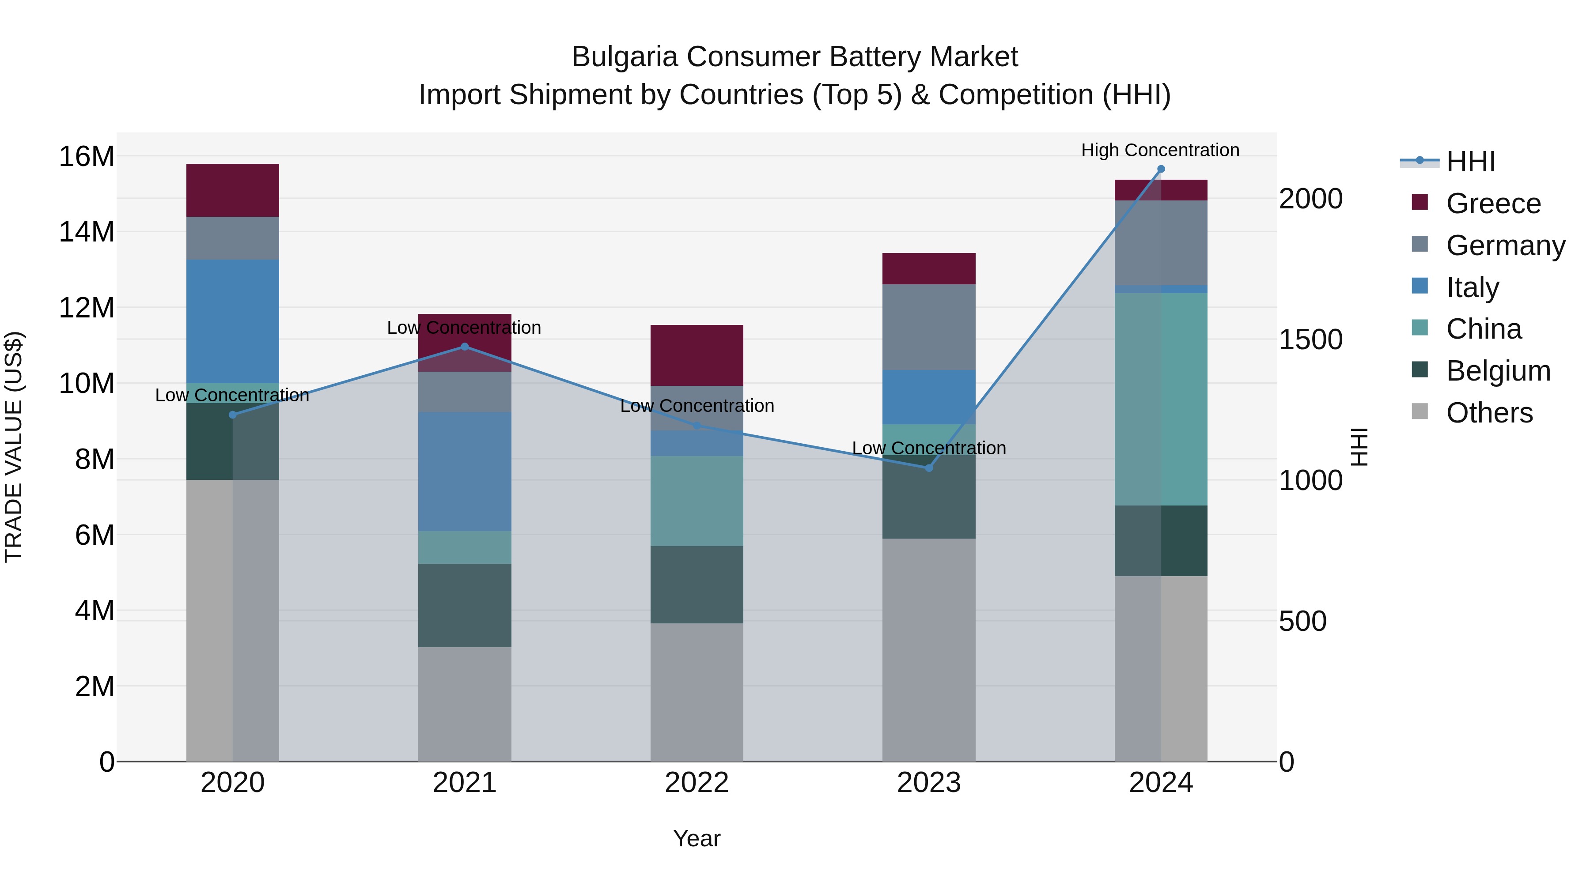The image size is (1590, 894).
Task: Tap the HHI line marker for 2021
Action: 465,347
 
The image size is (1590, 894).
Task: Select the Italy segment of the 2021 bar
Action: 465,472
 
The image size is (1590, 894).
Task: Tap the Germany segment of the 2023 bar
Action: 928,327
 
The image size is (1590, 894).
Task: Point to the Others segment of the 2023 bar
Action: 928,650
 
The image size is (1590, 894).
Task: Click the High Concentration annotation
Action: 1160,150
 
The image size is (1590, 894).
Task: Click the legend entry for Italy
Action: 1472,287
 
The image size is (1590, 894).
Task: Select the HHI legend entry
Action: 1470,162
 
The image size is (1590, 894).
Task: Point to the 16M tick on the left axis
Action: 87,157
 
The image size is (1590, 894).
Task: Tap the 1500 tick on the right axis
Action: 1310,339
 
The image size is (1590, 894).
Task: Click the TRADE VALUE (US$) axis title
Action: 14,447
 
